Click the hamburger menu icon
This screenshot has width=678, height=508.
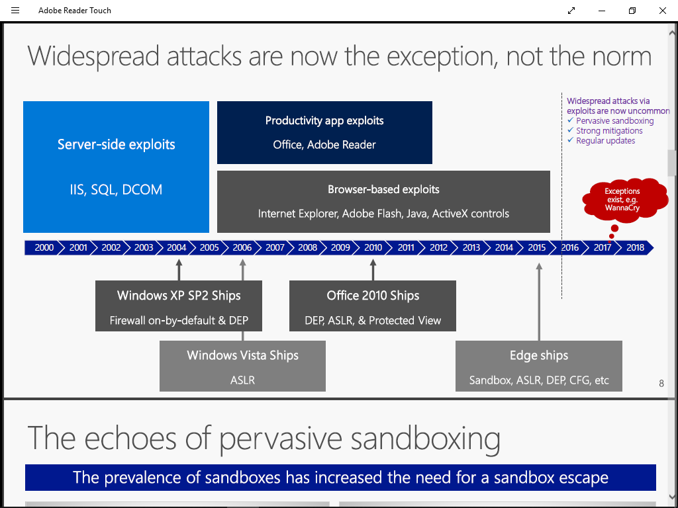point(15,11)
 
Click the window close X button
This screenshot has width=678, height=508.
point(662,11)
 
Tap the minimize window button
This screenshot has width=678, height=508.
point(602,11)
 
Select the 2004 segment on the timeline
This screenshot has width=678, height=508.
point(176,247)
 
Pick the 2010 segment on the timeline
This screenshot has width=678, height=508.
point(373,247)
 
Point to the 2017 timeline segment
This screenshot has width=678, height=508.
point(603,247)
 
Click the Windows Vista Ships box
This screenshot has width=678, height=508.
point(242,366)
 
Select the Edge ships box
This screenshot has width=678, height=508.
point(539,366)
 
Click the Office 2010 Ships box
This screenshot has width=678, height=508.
point(373,306)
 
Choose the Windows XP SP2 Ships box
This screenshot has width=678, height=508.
point(179,306)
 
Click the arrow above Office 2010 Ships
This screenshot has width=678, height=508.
point(373,270)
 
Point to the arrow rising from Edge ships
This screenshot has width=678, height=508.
point(539,302)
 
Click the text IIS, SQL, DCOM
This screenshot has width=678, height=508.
point(117,190)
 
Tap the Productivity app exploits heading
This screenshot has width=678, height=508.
point(324,120)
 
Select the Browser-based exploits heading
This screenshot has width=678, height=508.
point(383,189)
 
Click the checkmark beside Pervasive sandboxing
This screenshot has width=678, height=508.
point(570,120)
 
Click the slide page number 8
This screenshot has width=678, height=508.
point(661,383)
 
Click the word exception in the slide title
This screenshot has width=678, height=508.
point(440,57)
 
